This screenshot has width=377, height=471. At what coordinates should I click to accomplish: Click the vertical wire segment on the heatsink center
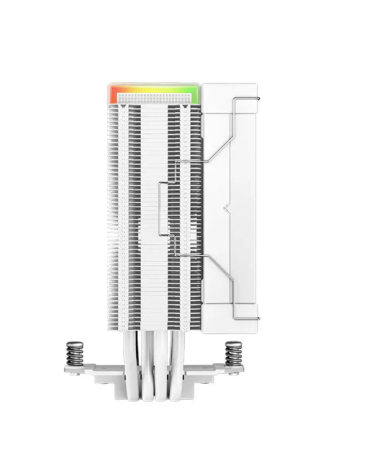coord(160,208)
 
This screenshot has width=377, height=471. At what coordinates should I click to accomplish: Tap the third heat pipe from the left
coord(162,366)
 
